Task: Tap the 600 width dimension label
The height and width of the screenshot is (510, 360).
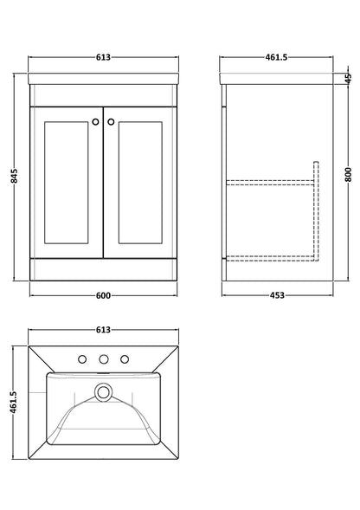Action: click(103, 296)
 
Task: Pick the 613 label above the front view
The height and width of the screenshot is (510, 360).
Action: click(103, 57)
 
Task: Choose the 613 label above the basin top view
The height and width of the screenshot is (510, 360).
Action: click(103, 330)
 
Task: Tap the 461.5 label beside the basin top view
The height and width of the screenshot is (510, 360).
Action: click(13, 401)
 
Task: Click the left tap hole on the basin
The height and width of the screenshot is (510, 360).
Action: click(84, 358)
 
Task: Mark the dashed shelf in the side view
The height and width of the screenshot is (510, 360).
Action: click(268, 182)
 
